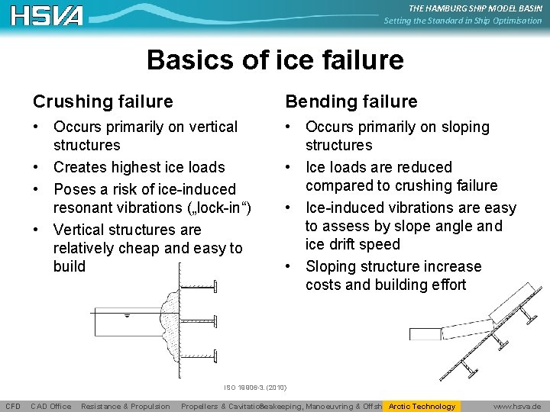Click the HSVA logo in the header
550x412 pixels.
pyautogui.click(x=47, y=14)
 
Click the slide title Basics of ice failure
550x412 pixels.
pyautogui.click(x=275, y=60)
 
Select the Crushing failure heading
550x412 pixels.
pyautogui.click(x=102, y=101)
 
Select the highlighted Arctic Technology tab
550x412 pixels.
pyautogui.click(x=422, y=406)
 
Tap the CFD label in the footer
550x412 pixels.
pyautogui.click(x=13, y=406)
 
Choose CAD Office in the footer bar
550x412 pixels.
pyautogui.click(x=51, y=406)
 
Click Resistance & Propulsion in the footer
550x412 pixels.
pyautogui.click(x=125, y=406)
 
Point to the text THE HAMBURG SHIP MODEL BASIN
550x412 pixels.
pyautogui.click(x=474, y=8)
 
